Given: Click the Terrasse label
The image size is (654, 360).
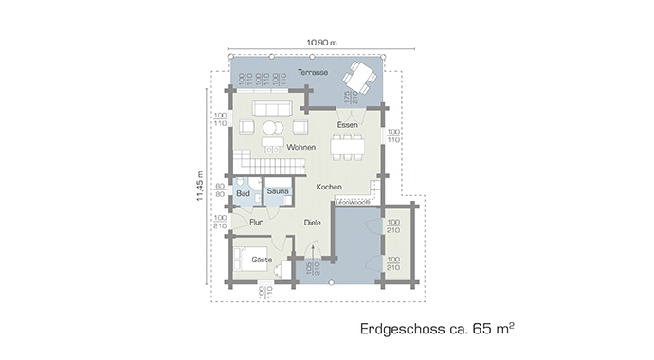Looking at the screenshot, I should pyautogui.click(x=312, y=73).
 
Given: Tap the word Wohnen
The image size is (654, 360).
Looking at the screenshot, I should pyautogui.click(x=300, y=147).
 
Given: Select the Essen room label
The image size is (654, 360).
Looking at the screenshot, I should pyautogui.click(x=346, y=124).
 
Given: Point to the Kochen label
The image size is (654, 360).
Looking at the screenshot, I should pyautogui.click(x=329, y=187).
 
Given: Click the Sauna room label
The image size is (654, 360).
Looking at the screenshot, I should pyautogui.click(x=278, y=191).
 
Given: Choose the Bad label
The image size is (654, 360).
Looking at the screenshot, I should pyautogui.click(x=242, y=192).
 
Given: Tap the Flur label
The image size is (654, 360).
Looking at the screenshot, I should pyautogui.click(x=255, y=223).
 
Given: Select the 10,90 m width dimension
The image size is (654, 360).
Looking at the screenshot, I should pyautogui.click(x=322, y=42).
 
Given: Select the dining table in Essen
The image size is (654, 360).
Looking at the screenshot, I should pyautogui.click(x=347, y=147).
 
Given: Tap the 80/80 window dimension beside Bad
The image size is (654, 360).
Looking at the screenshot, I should pyautogui.click(x=220, y=189).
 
